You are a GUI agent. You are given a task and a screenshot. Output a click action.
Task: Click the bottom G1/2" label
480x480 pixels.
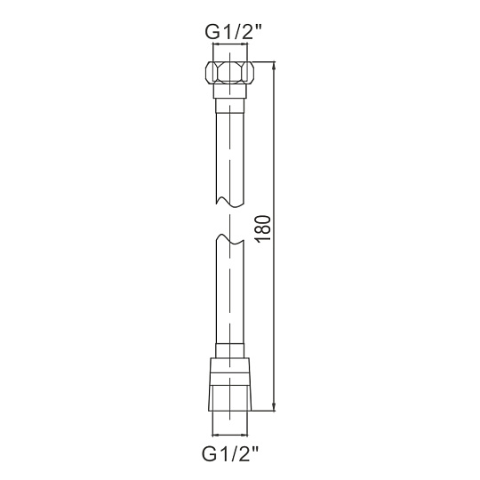coord(230,453)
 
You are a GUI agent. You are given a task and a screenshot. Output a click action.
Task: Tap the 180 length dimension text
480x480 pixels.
coord(263,229)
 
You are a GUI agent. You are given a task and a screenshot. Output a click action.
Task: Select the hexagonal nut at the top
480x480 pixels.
coord(229,72)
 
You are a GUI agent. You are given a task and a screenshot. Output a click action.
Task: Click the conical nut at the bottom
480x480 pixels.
coord(229,384)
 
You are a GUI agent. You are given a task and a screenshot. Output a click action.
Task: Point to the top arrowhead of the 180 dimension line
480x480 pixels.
coord(274,67)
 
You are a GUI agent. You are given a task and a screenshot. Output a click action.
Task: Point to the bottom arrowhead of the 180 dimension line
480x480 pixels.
coord(274,405)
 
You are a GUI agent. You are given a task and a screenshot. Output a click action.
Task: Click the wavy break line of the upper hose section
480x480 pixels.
coord(230,202)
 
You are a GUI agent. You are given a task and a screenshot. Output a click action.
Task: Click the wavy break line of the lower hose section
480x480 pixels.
coord(230,239)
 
